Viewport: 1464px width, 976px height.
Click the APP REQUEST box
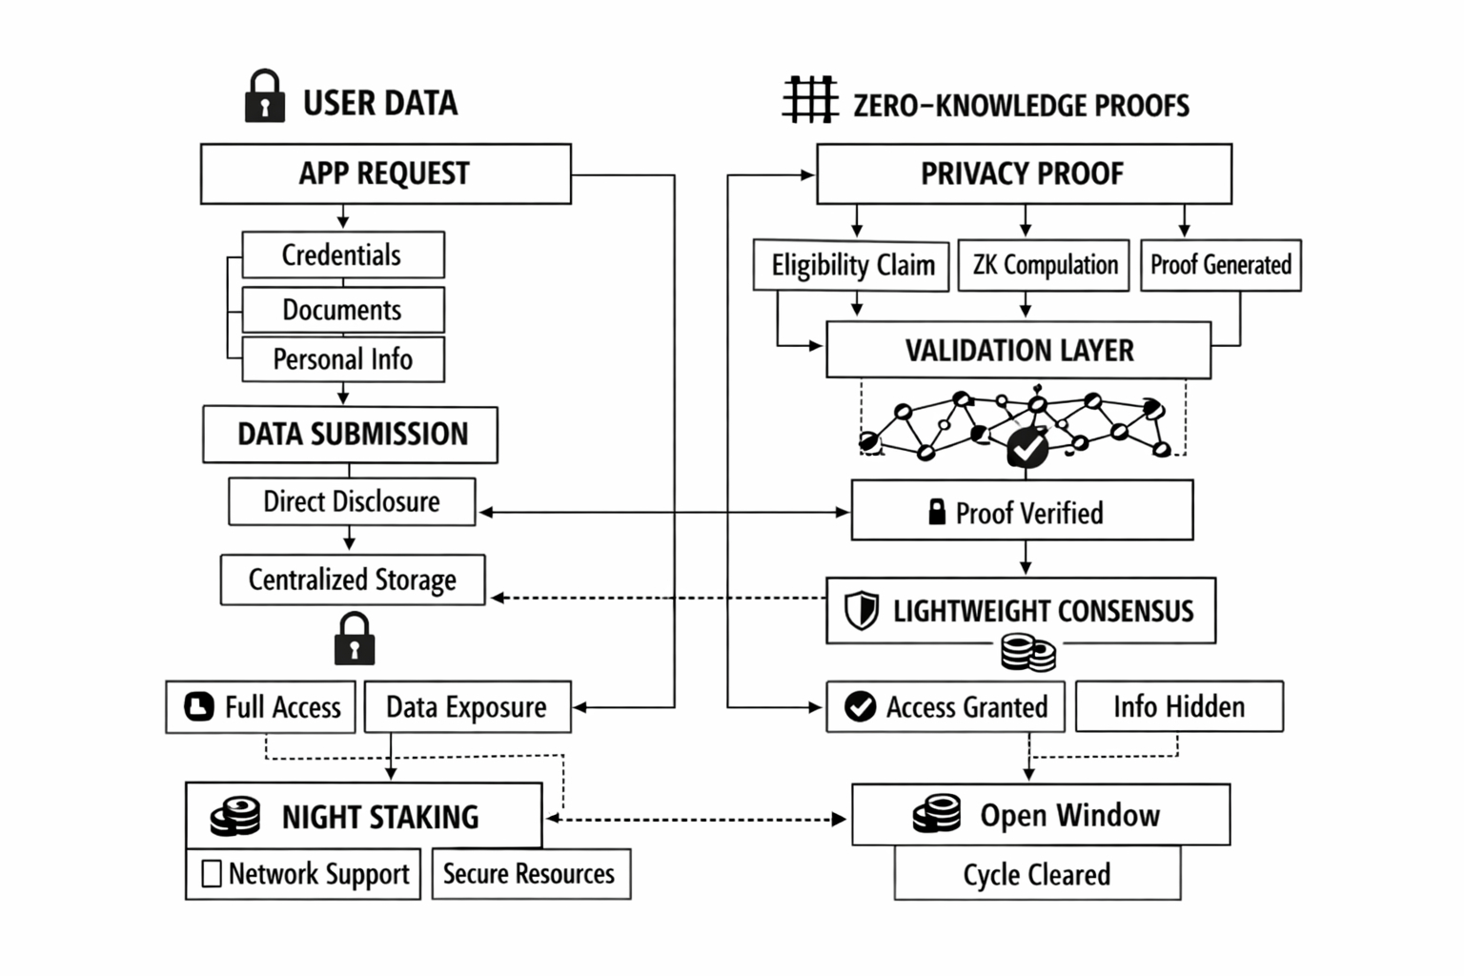[385, 173]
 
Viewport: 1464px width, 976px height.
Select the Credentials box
[343, 254]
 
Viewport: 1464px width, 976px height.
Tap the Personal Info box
[343, 359]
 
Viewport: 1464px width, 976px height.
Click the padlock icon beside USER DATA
[264, 97]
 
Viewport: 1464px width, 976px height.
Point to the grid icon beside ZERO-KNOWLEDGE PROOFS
[810, 99]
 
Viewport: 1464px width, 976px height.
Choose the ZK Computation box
[1044, 265]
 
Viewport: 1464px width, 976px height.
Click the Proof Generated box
[1220, 265]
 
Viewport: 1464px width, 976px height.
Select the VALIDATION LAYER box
[1018, 351]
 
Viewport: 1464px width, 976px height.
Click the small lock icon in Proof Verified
[937, 512]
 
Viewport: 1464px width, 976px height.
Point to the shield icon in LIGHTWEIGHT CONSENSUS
[862, 610]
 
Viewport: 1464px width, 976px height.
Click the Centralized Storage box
[353, 579]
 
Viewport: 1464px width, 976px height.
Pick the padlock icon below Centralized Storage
[355, 639]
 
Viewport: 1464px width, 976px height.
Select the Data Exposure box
[467, 707]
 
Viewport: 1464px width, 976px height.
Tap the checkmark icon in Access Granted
[860, 706]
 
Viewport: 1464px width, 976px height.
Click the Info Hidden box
[1179, 706]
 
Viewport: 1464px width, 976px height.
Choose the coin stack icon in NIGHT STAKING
[235, 817]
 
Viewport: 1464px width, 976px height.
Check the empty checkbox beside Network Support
[212, 873]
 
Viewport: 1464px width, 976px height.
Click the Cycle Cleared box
[1037, 874]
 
